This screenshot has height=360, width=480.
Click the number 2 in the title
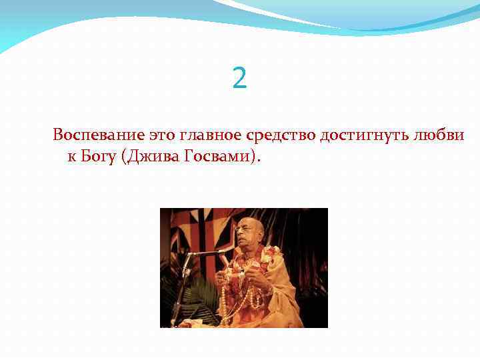tap(240, 79)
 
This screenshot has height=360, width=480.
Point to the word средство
tap(281, 135)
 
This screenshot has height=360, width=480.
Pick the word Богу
tap(97, 157)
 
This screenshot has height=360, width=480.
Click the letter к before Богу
tap(71, 157)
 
